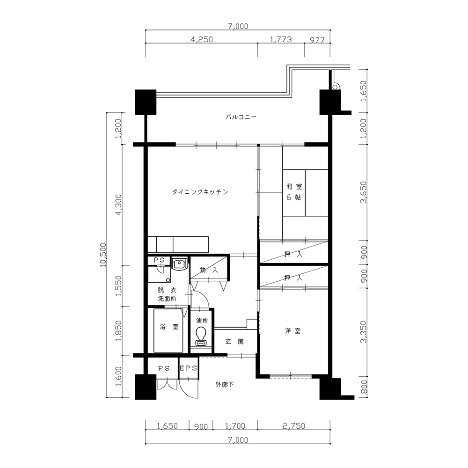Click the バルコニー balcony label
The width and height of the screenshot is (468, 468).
241,117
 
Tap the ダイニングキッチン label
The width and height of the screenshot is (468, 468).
200,191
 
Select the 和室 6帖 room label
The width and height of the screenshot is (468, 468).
294,192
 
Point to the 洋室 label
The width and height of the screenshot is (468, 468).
293,331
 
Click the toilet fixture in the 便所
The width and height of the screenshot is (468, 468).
201,336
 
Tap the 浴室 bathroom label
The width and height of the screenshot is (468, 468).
169,327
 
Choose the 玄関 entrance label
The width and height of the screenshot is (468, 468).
234,342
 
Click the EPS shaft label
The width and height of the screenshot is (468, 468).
189,368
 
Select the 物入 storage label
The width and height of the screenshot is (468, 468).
209,270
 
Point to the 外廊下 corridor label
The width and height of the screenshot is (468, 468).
225,385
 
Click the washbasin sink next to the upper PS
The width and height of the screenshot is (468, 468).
179,264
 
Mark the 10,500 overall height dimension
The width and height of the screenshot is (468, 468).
103,255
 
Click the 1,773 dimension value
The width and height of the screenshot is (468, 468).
281,39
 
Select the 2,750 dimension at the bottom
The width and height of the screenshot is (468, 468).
294,426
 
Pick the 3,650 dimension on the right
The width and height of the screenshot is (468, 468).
363,192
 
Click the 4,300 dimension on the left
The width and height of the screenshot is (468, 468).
119,205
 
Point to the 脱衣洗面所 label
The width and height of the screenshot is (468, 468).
167,294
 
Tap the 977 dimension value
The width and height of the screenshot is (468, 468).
317,40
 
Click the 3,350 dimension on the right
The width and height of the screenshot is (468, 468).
363,332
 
